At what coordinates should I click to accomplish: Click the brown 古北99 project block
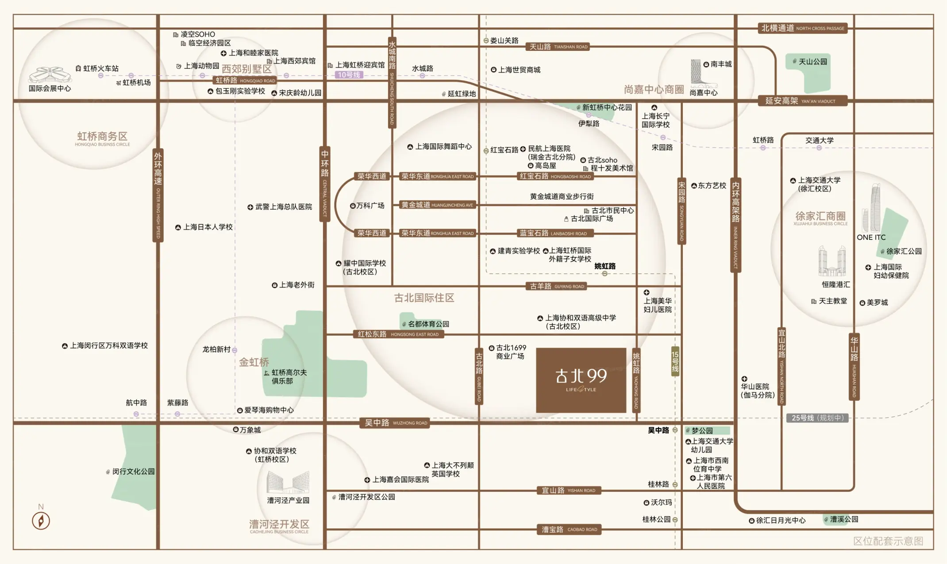click(581, 380)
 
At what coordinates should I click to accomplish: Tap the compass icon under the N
click(41, 521)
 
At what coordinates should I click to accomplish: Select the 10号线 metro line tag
click(349, 75)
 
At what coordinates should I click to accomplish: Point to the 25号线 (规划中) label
click(817, 418)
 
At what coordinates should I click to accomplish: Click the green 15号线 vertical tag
click(675, 361)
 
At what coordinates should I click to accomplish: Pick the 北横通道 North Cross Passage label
click(802, 28)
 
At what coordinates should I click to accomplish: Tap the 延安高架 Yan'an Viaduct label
click(802, 101)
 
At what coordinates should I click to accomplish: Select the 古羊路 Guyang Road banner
click(557, 286)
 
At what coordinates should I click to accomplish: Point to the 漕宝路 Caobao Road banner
click(569, 529)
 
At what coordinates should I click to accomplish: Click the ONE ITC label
click(871, 238)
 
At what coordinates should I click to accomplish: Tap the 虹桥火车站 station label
click(100, 69)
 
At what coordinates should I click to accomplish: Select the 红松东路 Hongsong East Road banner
click(398, 334)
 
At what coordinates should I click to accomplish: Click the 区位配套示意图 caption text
click(888, 541)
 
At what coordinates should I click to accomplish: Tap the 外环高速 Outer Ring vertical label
click(158, 195)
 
